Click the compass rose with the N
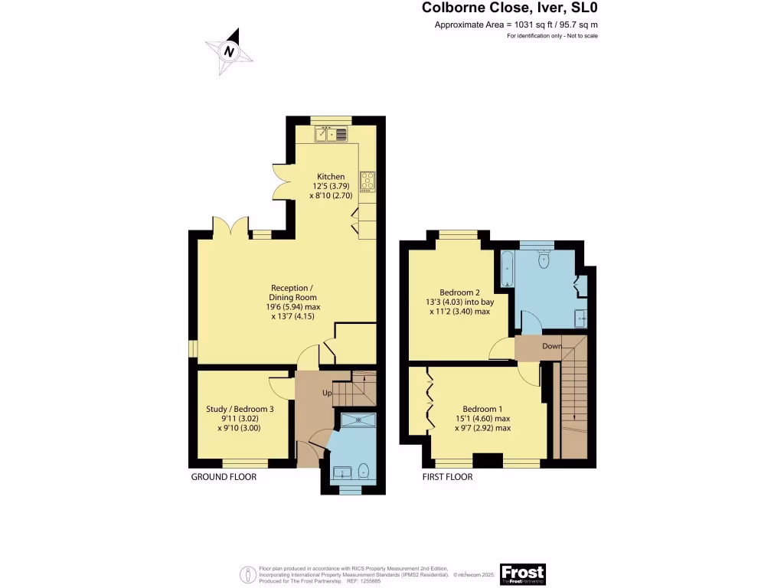228,51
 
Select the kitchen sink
332,135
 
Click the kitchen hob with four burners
367,181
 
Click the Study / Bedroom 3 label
240,409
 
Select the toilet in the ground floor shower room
363,469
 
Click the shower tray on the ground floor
355,419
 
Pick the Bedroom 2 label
460,292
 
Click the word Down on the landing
552,346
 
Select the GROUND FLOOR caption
224,477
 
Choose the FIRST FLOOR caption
448,477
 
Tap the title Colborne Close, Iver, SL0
510,8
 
